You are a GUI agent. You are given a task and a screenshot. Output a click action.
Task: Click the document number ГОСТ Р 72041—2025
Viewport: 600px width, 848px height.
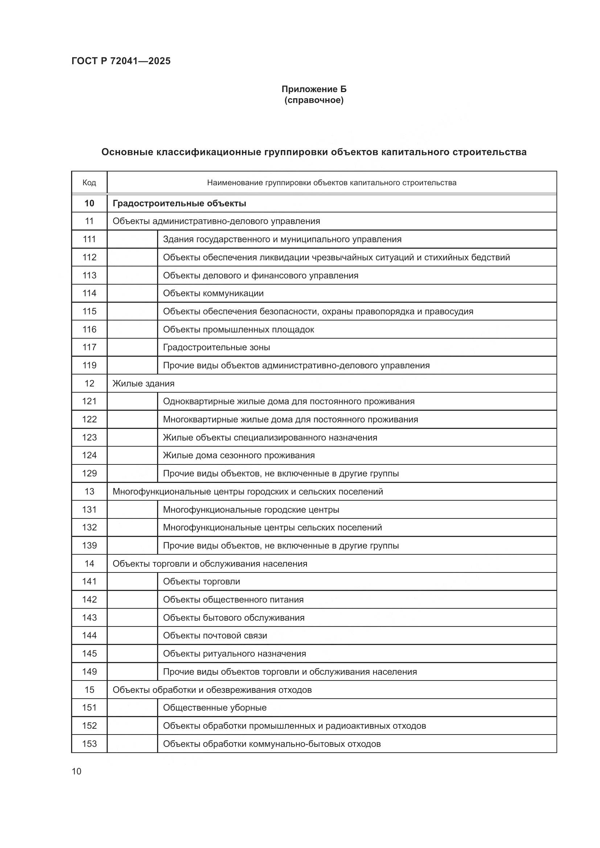[121, 61]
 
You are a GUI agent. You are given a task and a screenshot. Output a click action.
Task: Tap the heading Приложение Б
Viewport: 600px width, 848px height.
[314, 89]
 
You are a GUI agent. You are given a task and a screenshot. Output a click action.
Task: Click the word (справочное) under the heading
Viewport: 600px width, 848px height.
[314, 100]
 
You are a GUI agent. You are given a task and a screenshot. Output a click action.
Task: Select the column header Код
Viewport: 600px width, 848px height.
[89, 182]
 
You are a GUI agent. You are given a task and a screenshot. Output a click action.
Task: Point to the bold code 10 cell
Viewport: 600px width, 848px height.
[89, 203]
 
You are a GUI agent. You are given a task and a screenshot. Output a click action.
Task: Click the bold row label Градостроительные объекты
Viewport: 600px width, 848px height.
[179, 203]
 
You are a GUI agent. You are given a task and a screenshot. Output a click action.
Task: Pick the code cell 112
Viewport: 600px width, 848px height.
[89, 257]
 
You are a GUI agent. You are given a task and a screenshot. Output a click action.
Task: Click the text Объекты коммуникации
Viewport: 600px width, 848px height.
[213, 293]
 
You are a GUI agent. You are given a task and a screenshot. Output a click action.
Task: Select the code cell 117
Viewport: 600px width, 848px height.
[89, 347]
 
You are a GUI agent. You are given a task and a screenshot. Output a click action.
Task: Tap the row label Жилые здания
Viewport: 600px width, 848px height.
[143, 383]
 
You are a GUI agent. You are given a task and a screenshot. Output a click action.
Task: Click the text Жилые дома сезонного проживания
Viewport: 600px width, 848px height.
[239, 455]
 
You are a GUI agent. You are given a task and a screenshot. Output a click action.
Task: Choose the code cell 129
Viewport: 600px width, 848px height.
[89, 473]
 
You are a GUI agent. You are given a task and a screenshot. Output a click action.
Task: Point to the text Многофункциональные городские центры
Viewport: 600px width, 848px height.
[251, 510]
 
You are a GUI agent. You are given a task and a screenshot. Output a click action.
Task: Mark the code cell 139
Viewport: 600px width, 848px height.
[89, 546]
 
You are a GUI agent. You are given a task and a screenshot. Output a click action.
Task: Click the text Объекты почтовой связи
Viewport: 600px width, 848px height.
[215, 636]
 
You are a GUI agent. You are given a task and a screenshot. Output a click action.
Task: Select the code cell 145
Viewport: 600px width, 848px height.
[89, 654]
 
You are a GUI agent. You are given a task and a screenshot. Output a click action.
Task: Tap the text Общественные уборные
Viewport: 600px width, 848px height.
[215, 708]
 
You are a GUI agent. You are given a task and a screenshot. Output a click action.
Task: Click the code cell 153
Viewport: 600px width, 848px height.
[89, 744]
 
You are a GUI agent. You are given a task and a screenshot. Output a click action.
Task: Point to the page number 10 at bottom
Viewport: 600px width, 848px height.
[77, 772]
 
